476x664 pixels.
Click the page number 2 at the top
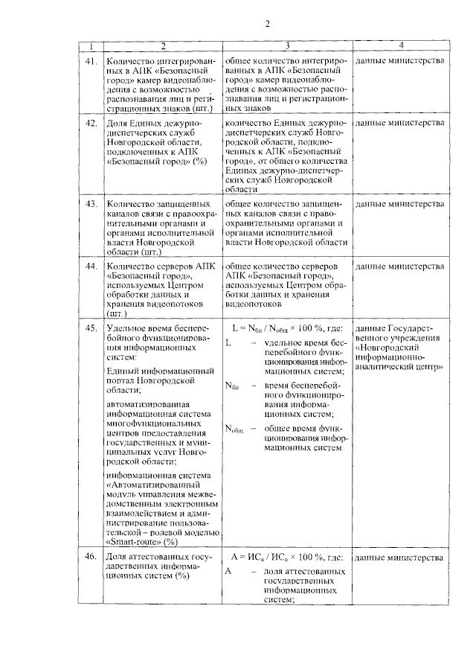266,22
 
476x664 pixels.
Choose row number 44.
90,265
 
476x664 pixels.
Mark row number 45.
90,328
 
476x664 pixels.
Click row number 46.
90,557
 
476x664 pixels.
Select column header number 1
90,45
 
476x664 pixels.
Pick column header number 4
401,45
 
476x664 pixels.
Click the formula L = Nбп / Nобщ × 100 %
286,328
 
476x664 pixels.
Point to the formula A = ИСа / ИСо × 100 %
286,557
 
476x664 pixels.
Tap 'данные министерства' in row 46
401,557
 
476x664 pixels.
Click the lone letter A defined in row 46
228,571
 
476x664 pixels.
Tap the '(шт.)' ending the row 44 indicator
117,314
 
